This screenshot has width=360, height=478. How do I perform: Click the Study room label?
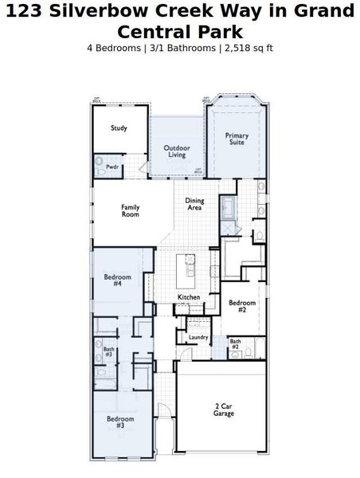pyautogui.click(x=119, y=127)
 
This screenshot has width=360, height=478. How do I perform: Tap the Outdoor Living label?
pyautogui.click(x=177, y=151)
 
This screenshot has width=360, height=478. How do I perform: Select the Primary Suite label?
pyautogui.click(x=237, y=139)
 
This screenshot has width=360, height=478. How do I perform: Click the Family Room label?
pyautogui.click(x=131, y=210)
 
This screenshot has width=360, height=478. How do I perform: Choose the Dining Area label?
pyautogui.click(x=194, y=204)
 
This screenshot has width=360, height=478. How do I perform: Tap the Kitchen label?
pyautogui.click(x=189, y=297)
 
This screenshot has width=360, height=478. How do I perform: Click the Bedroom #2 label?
pyautogui.click(x=242, y=306)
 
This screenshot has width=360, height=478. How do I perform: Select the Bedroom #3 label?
pyautogui.click(x=120, y=421)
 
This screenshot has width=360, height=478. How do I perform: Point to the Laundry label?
pyautogui.click(x=198, y=337)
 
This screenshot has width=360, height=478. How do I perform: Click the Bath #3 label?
pyautogui.click(x=108, y=351)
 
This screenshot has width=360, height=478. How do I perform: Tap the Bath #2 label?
pyautogui.click(x=235, y=344)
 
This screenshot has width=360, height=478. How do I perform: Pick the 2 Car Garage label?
pyautogui.click(x=225, y=409)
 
